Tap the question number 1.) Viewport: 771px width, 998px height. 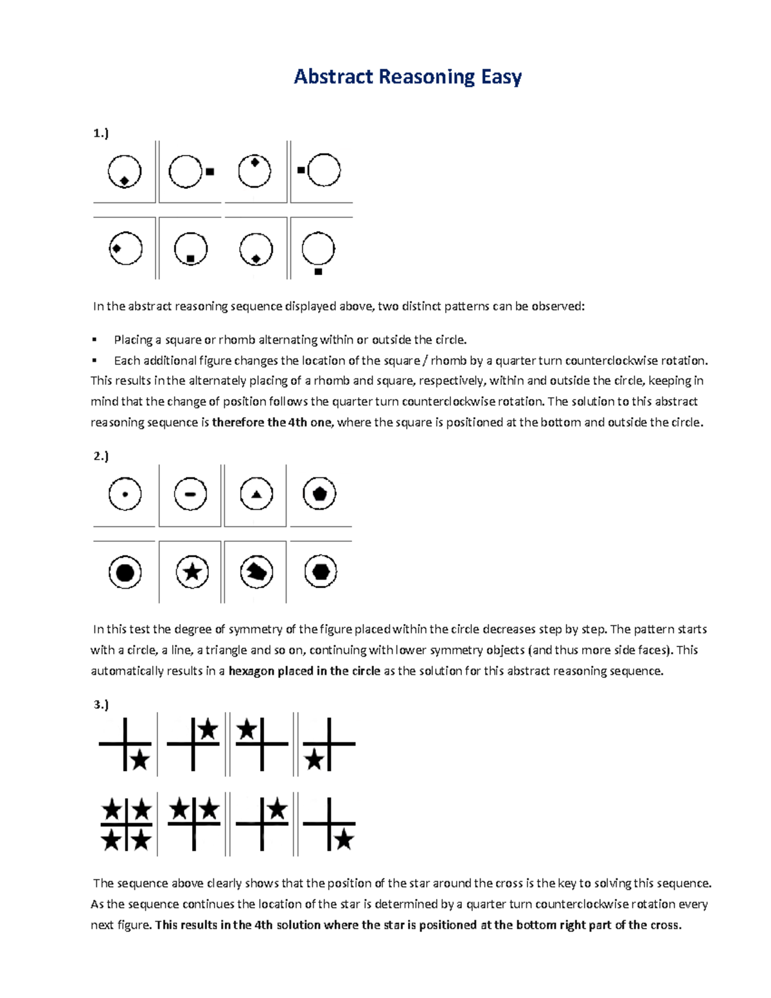coord(101,133)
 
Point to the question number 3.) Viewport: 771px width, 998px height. coord(101,704)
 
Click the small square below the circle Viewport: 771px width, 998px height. coord(318,272)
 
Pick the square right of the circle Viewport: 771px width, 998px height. coord(209,172)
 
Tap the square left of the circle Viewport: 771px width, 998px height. coord(301,170)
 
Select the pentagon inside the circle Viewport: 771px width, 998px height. coord(319,494)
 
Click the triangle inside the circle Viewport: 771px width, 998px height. coord(256,495)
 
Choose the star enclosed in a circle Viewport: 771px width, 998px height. coord(192,572)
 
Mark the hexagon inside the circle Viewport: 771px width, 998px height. coord(320,571)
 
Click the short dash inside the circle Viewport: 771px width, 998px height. coord(190,495)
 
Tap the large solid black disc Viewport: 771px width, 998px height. coord(125,572)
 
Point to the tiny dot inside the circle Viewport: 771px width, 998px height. coord(125,495)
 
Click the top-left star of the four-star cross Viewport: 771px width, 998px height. coord(112,810)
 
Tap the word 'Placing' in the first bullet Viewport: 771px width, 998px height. coord(133,339)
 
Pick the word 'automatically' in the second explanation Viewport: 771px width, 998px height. coord(127,671)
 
